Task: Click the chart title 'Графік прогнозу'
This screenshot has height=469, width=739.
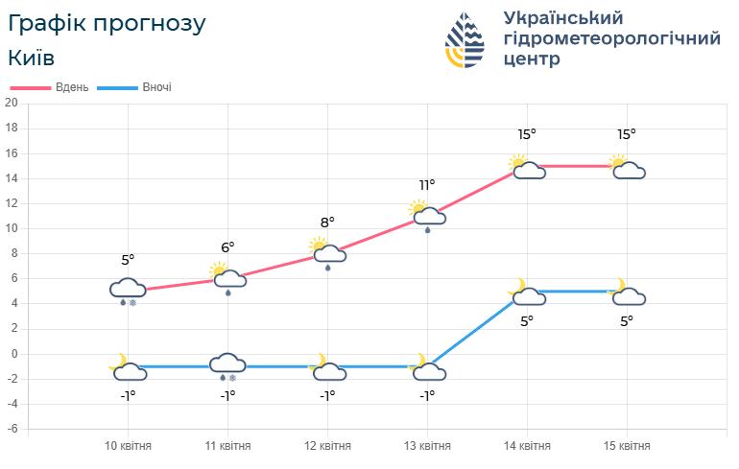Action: pyautogui.click(x=107, y=23)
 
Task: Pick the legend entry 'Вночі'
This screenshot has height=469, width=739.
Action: pyautogui.click(x=156, y=87)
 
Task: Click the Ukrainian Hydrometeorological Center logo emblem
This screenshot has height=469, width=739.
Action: pyautogui.click(x=465, y=41)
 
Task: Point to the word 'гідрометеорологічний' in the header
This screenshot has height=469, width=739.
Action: pyautogui.click(x=612, y=38)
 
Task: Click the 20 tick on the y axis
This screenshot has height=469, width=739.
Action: pyautogui.click(x=12, y=103)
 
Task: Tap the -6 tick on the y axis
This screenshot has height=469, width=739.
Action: pyautogui.click(x=12, y=429)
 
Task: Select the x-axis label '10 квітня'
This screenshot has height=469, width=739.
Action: pyautogui.click(x=128, y=446)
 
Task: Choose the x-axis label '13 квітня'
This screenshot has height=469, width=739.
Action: pyautogui.click(x=427, y=446)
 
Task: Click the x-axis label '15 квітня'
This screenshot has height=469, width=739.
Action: pyautogui.click(x=627, y=446)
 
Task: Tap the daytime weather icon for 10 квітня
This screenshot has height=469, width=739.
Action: pyautogui.click(x=128, y=289)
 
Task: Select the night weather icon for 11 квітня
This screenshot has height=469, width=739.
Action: pyautogui.click(x=227, y=364)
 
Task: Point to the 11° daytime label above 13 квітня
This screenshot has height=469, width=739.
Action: pyautogui.click(x=427, y=184)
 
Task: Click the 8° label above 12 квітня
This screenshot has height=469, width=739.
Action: pyautogui.click(x=327, y=223)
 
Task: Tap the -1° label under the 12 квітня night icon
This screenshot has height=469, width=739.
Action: pyautogui.click(x=327, y=395)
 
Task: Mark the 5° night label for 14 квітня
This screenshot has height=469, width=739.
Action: pyautogui.click(x=527, y=321)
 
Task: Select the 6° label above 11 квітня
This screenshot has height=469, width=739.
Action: pyautogui.click(x=227, y=246)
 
